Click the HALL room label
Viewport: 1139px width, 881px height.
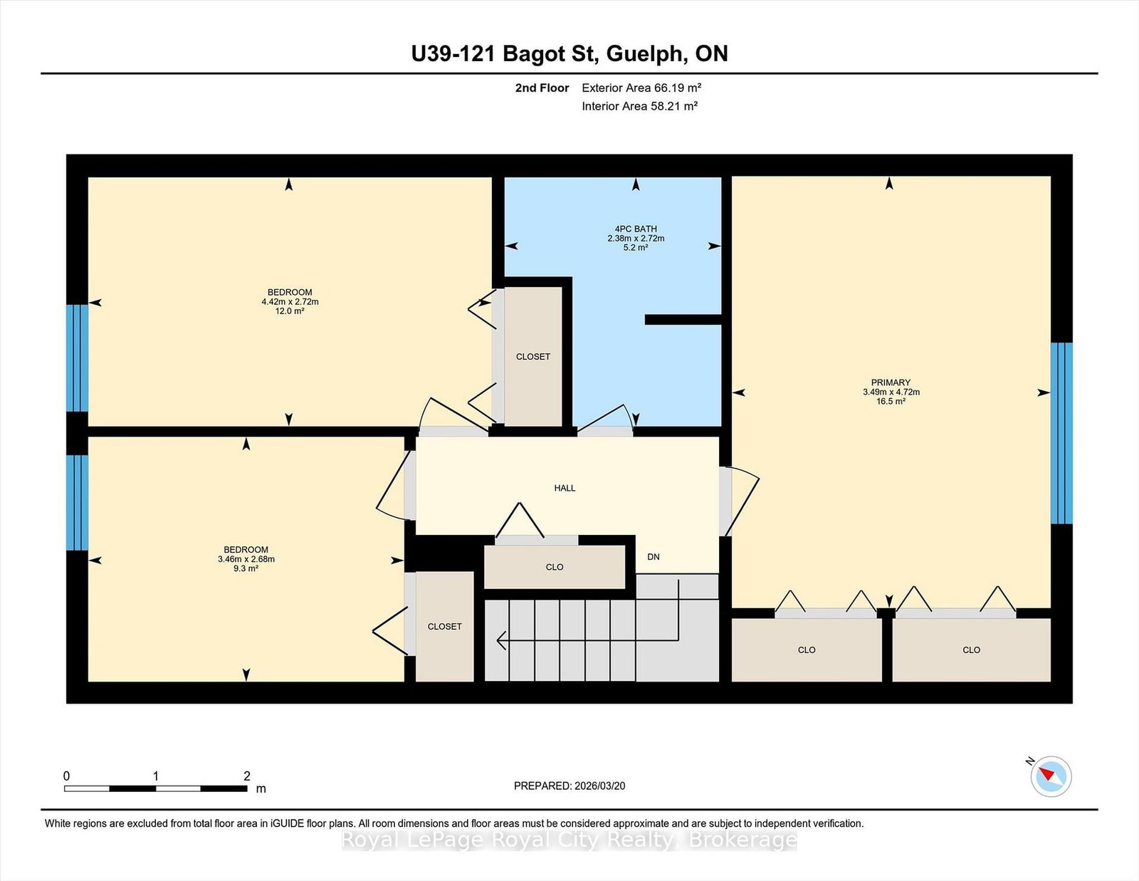(565, 489)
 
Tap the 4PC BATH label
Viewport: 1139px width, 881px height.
(636, 229)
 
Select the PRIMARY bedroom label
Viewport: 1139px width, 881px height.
(891, 383)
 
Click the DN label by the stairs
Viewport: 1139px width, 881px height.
(653, 557)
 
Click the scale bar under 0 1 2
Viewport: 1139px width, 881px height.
(156, 788)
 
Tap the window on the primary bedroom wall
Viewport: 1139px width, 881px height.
(1062, 433)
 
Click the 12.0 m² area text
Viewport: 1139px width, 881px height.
(290, 311)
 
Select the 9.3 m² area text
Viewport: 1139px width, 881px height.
(246, 568)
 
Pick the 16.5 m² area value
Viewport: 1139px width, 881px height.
(891, 402)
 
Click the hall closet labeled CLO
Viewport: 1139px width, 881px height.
(555, 567)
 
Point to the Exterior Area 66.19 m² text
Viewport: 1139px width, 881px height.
(641, 88)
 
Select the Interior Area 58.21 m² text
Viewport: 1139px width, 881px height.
(639, 106)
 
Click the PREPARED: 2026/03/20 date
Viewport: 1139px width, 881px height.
(569, 786)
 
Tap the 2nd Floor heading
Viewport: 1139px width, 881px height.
(542, 88)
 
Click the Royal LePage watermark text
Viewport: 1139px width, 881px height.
(569, 840)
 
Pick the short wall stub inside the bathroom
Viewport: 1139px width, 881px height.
(683, 320)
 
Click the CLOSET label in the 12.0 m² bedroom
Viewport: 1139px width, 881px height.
(533, 357)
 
